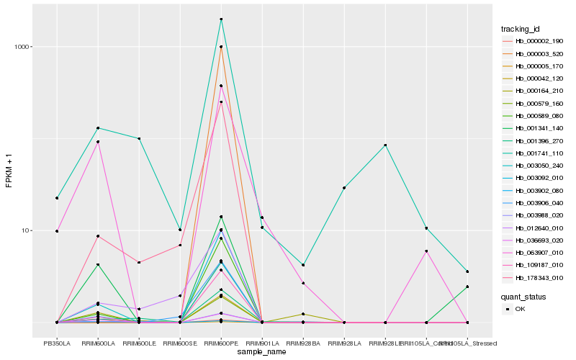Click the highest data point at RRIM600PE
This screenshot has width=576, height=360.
221,19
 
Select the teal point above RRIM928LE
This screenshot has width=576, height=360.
386,145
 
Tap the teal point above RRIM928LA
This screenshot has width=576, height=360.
344,188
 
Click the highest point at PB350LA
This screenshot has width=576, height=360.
57,198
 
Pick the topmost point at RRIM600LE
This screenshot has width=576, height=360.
139,138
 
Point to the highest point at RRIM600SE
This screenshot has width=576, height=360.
180,230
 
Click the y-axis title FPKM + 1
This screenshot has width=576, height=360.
9,170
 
